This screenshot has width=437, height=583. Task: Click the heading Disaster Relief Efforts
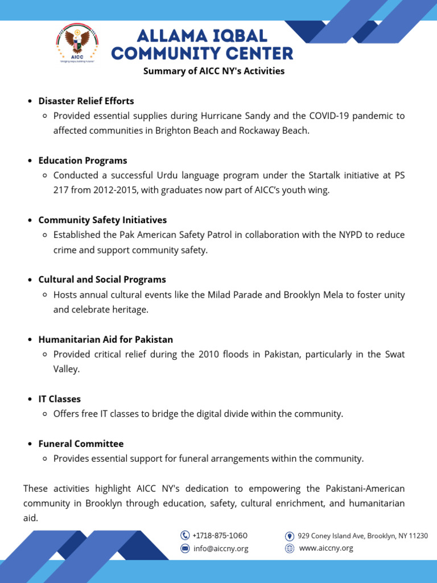86,101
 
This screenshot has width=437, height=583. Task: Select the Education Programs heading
83,161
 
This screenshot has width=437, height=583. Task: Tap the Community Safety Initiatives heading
102,220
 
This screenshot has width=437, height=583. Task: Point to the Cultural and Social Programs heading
102,280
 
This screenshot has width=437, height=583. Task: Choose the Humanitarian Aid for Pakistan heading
105,339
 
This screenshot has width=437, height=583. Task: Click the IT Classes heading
59,399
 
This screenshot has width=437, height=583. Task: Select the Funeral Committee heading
81,444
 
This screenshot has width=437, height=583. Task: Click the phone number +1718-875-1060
220,535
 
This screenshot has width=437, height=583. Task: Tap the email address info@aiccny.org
220,549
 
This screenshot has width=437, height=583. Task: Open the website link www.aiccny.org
326,548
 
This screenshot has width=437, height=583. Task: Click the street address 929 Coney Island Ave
362,536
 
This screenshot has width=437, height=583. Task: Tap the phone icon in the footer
185,535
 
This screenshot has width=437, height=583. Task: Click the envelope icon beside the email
185,549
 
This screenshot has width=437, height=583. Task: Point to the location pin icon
290,536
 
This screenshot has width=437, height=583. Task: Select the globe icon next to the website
290,548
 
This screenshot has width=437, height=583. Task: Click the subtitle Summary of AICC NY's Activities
213,71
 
